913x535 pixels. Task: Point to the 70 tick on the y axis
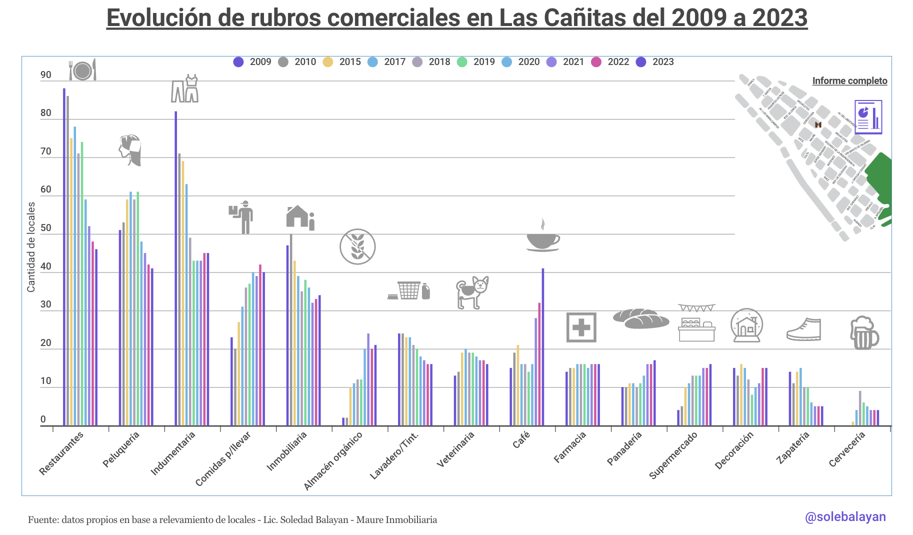(46, 151)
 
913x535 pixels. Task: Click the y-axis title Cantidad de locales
(31, 247)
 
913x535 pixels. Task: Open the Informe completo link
(849, 81)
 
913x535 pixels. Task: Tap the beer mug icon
(863, 332)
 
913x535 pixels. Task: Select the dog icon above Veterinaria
(472, 292)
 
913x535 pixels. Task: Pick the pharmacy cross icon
(581, 327)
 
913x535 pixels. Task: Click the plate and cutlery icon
(82, 70)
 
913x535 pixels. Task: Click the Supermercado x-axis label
(673, 455)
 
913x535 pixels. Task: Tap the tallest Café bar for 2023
(543, 347)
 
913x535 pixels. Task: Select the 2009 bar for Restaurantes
(64, 257)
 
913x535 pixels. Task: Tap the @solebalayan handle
(845, 517)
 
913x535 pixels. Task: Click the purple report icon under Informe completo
(868, 117)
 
